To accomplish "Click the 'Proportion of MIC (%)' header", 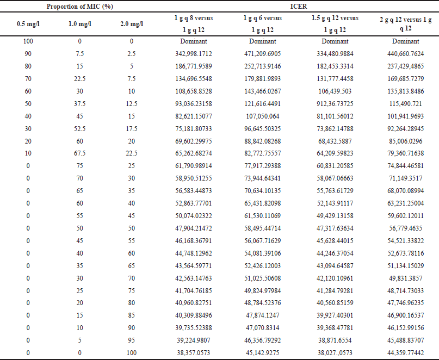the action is [80, 7].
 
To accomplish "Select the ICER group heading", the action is [299, 7].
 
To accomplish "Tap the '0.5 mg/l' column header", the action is [28, 24].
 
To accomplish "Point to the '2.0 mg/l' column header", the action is [132, 24].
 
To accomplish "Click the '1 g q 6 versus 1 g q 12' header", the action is [263, 24].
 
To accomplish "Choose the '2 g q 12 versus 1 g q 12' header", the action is [406, 24].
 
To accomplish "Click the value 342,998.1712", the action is [194, 53].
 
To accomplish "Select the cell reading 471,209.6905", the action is [263, 53].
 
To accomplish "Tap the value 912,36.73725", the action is [335, 103].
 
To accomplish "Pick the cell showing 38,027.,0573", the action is [335, 353].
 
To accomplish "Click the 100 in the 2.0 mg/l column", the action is [132, 353].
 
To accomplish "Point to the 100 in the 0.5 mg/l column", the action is [28, 41].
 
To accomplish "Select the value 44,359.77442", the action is [406, 353].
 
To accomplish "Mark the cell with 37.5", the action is [80, 103].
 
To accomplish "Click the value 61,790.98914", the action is [194, 166].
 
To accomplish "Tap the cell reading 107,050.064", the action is [263, 116].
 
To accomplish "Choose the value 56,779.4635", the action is [406, 228].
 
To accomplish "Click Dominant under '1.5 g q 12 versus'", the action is [335, 41].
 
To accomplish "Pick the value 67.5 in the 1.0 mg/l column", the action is [80, 153].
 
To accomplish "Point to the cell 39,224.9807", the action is [194, 340].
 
